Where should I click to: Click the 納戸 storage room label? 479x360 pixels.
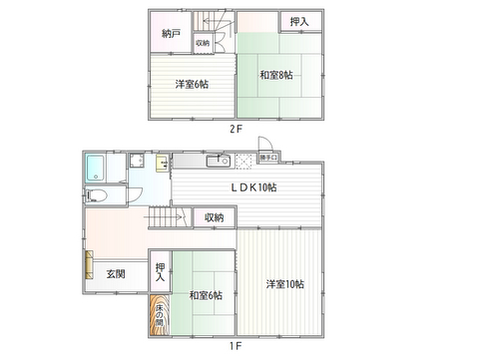pyautogui.click(x=171, y=34)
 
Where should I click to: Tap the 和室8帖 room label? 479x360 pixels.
pyautogui.click(x=276, y=75)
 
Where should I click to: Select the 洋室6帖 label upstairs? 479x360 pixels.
pyautogui.click(x=192, y=84)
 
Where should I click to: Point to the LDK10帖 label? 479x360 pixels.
pyautogui.click(x=253, y=187)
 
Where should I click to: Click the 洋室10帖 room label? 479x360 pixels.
pyautogui.click(x=285, y=284)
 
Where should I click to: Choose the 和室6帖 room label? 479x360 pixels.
pyautogui.click(x=206, y=295)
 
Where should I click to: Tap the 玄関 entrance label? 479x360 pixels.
pyautogui.click(x=116, y=274)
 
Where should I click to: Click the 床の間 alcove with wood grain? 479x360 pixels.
pyautogui.click(x=160, y=314)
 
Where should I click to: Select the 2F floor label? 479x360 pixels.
pyautogui.click(x=236, y=129)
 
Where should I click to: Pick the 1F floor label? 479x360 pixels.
pyautogui.click(x=236, y=346)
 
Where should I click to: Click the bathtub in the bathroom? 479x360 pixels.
pyautogui.click(x=95, y=168)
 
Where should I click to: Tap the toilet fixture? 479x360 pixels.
pyautogui.click(x=96, y=195)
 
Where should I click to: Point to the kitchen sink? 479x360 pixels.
pyautogui.click(x=219, y=162)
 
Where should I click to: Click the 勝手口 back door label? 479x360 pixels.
pyautogui.click(x=268, y=158)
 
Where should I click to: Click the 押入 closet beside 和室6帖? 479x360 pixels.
pyautogui.click(x=160, y=272)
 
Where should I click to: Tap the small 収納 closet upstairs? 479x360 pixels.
pyautogui.click(x=203, y=43)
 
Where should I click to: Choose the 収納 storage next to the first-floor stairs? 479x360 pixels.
pyautogui.click(x=215, y=217)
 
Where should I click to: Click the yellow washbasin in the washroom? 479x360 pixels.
pyautogui.click(x=162, y=163)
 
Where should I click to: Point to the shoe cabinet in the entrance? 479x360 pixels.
pyautogui.click(x=89, y=265)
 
